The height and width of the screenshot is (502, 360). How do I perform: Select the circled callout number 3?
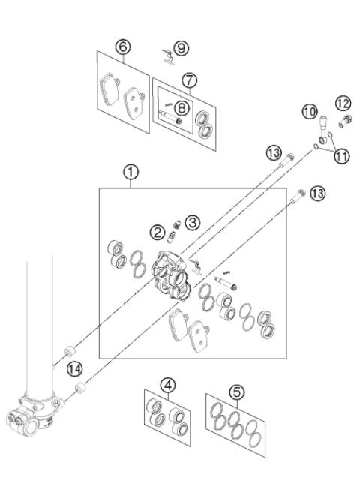pos(192,222)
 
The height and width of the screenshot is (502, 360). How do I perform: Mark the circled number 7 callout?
pos(190,79)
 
